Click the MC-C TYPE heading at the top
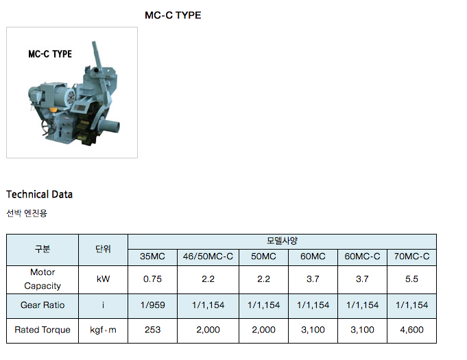tap(173, 15)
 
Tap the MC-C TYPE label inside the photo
tap(50, 54)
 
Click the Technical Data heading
tap(39, 195)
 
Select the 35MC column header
tap(152, 256)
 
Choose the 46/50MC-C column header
tap(208, 256)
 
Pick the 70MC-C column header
tap(411, 256)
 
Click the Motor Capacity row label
tap(43, 279)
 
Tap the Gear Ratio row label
tap(43, 305)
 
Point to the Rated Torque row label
tap(43, 330)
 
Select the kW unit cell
tap(103, 279)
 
